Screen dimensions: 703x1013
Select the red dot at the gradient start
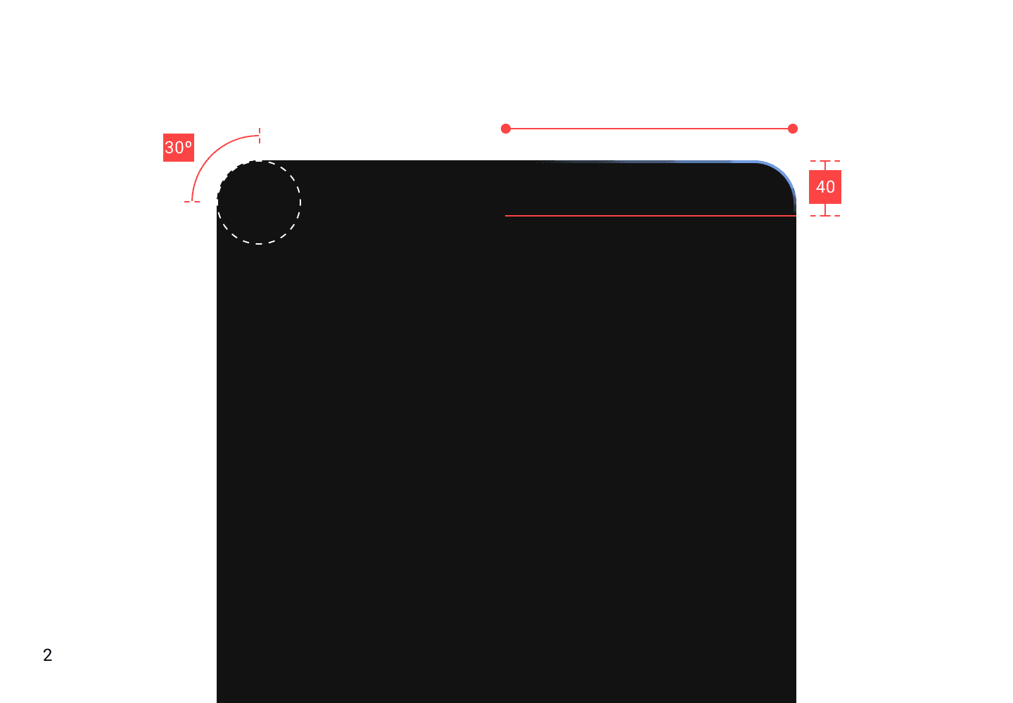coord(506,129)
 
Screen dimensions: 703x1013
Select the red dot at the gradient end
coord(793,129)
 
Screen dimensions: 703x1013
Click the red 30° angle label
coord(178,148)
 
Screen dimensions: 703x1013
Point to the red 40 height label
coord(825,187)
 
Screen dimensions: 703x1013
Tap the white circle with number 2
coord(48,655)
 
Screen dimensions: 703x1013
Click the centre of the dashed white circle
coord(259,202)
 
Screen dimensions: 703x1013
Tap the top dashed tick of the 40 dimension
coord(825,161)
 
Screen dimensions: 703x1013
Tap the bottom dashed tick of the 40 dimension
coord(825,215)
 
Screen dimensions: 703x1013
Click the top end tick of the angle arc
coord(260,134)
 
